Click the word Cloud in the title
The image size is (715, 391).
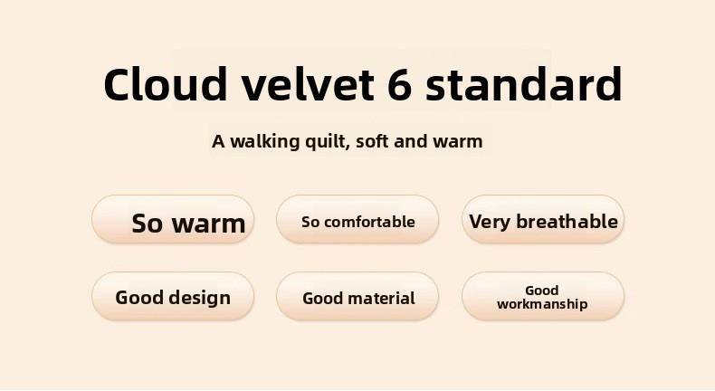165,84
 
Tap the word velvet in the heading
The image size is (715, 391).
308,84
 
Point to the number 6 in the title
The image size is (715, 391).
400,85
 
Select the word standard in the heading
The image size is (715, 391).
524,84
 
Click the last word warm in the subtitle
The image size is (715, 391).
457,142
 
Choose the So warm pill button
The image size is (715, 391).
173,219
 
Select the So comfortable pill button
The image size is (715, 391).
357,219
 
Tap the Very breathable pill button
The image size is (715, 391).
543,219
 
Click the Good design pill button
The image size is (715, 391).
173,297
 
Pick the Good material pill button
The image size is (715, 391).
357,297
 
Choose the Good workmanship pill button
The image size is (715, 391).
543,297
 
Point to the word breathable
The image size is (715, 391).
567,221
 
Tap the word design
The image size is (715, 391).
200,298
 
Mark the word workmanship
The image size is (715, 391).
542,304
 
